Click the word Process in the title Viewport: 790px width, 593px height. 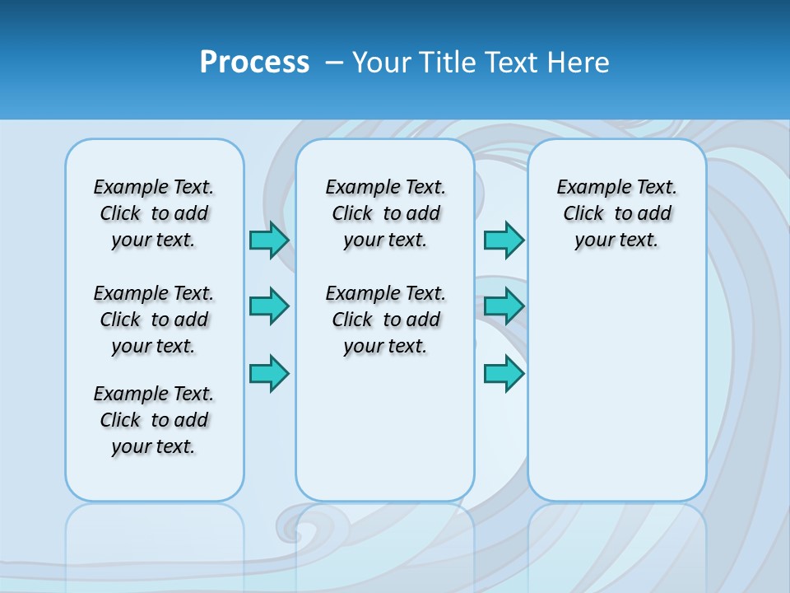click(254, 63)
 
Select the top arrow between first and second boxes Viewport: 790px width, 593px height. click(269, 240)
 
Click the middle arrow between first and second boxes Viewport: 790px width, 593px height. click(269, 306)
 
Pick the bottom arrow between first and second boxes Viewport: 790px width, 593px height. click(269, 373)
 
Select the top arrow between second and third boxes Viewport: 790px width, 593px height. click(504, 240)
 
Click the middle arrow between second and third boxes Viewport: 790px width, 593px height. click(504, 306)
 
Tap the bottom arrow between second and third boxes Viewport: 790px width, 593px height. click(504, 373)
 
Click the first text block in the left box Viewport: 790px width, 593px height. click(154, 213)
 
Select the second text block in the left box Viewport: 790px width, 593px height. click(154, 320)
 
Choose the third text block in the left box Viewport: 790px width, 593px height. click(154, 420)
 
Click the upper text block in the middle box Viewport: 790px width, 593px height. click(385, 213)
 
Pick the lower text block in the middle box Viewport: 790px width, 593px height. click(385, 320)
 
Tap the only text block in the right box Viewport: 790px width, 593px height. click(616, 213)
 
